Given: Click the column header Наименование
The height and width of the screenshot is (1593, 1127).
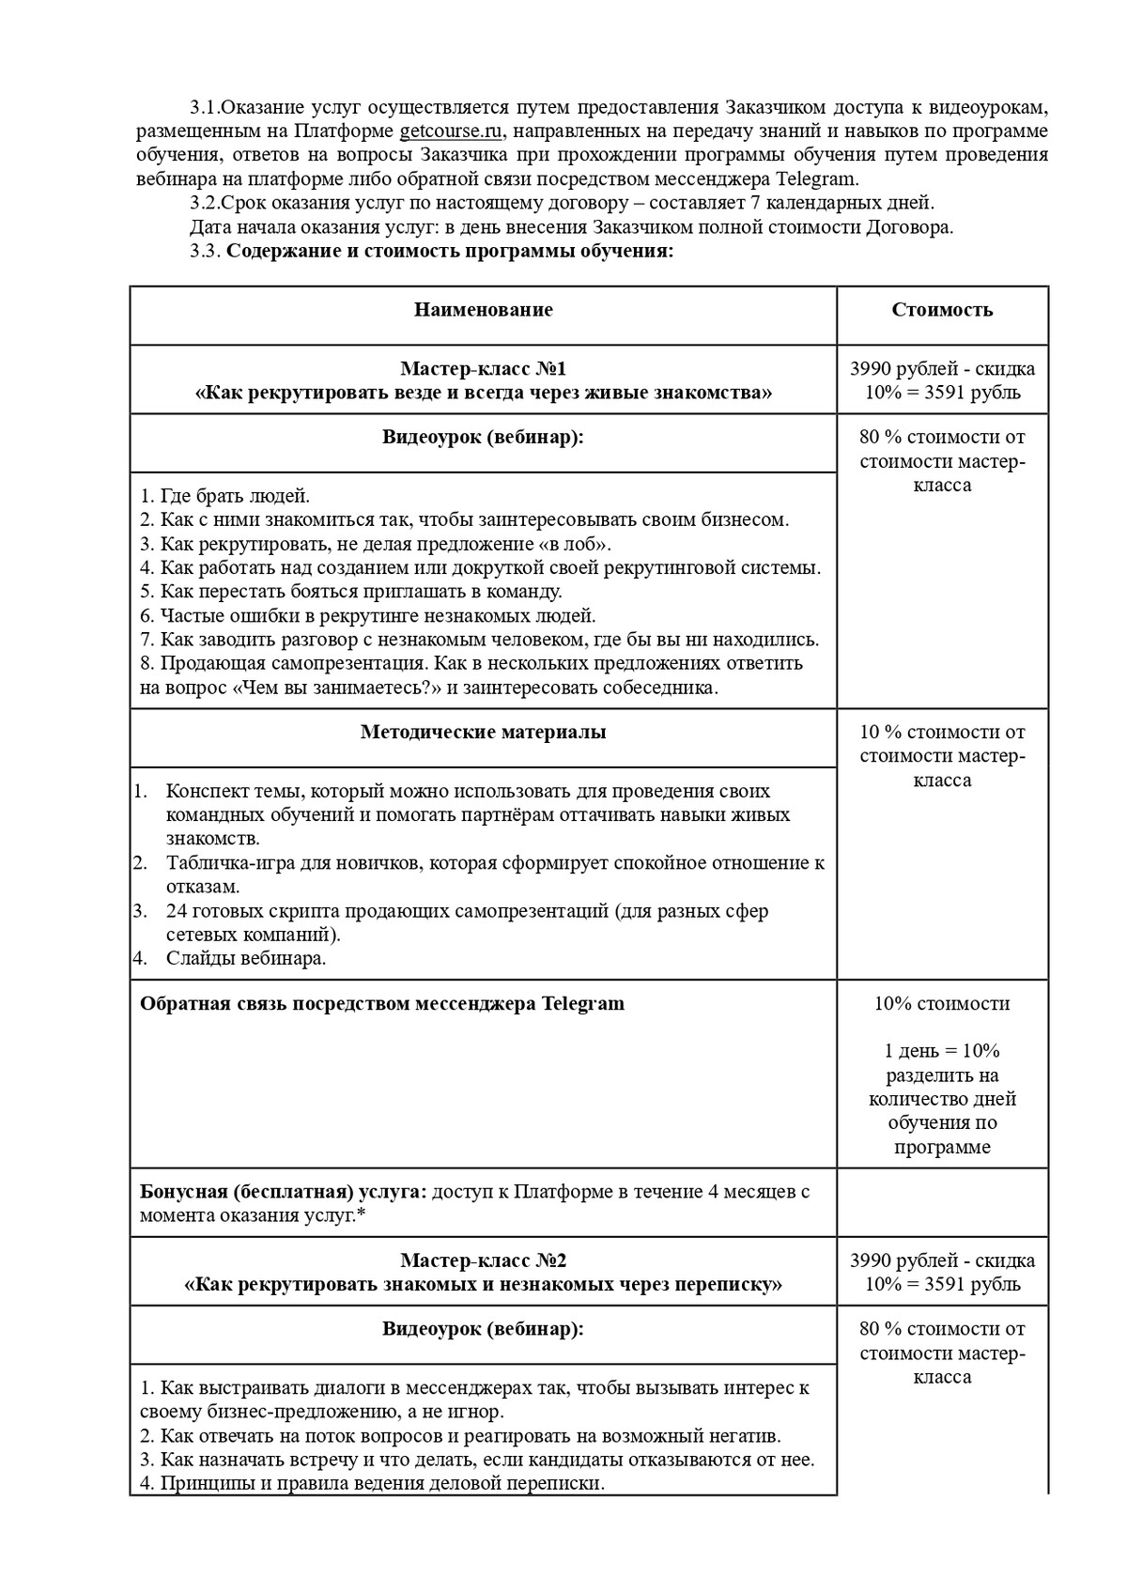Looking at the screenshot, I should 483,310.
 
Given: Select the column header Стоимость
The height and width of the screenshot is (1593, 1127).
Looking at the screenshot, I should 942,310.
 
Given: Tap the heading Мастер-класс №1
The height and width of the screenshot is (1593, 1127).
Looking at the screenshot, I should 483,369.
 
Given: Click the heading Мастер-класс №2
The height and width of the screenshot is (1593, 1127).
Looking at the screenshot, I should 483,1260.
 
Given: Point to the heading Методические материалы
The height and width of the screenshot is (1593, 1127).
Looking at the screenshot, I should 483,733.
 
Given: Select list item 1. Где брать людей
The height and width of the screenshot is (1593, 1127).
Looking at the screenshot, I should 224,496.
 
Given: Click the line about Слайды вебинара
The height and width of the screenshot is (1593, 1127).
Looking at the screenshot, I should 246,959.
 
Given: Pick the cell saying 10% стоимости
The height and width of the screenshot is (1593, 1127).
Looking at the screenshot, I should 942,1003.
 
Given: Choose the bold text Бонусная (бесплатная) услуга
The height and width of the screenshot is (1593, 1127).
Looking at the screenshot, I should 283,1192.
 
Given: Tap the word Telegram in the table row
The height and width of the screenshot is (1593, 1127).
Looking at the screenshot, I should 582,1003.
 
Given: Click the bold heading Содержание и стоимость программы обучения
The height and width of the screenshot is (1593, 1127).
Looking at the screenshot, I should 451,251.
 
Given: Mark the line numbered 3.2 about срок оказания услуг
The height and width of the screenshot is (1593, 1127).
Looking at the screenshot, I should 561,203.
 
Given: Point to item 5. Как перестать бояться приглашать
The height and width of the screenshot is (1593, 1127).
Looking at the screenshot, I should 350,592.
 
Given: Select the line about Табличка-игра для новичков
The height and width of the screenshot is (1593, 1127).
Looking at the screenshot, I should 495,863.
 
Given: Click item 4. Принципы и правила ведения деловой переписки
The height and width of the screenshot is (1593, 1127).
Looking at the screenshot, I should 372,1484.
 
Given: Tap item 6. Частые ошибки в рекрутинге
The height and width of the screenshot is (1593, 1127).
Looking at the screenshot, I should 367,616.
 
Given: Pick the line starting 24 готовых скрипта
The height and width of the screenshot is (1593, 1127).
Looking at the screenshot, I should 467,911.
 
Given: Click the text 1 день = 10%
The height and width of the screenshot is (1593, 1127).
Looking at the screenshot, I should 942,1051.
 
